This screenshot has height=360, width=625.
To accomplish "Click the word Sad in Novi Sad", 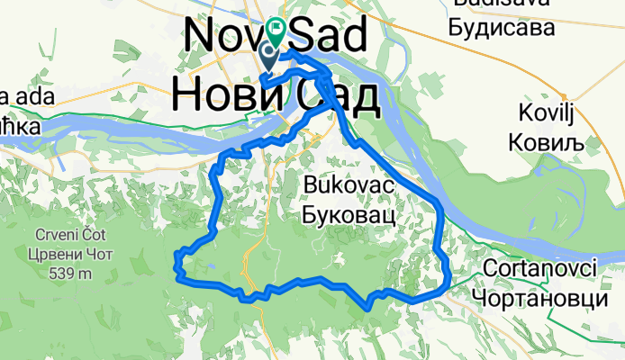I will [328, 37].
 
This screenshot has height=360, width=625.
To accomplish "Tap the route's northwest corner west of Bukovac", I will [217, 169].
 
